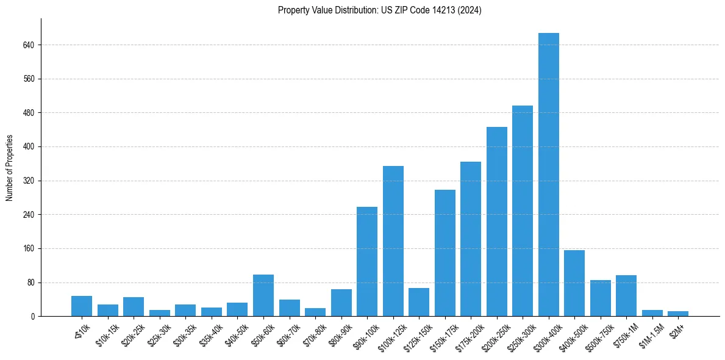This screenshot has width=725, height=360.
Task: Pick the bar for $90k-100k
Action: [x=367, y=262]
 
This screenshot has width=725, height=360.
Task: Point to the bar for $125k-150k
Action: [x=419, y=302]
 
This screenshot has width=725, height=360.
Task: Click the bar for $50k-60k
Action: [x=263, y=295]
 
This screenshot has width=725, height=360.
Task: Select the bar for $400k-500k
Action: [x=574, y=283]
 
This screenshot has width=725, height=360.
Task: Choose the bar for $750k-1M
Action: [x=626, y=296]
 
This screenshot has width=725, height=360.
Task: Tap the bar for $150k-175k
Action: [x=445, y=253]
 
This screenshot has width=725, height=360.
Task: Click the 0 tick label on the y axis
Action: [x=33, y=317]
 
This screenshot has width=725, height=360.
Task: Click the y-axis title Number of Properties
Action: [x=10, y=168]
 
